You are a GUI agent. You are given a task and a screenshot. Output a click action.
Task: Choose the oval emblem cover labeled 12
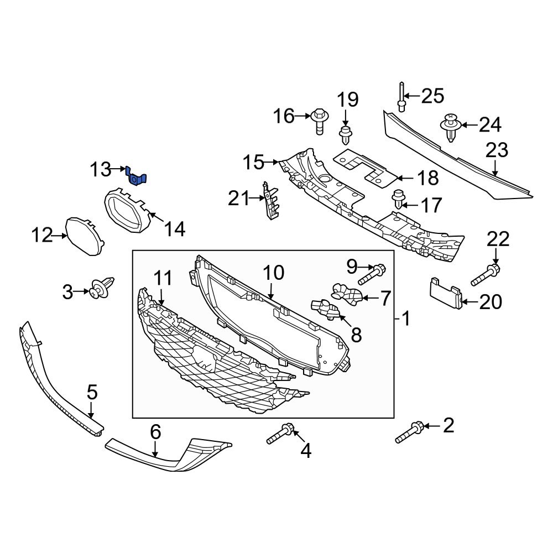83,235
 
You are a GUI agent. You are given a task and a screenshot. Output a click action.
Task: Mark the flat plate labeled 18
365,166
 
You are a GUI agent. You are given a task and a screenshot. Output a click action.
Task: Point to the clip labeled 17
397,197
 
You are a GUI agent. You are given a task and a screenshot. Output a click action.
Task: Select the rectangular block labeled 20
446,292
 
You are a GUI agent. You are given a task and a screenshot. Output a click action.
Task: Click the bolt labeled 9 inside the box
374,273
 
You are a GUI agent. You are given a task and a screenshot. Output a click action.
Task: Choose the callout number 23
497,151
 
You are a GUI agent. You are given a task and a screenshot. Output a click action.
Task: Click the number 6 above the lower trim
155,431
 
